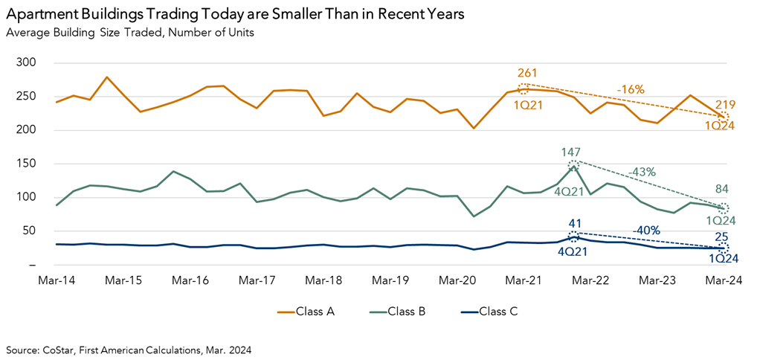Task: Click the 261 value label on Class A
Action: click(x=526, y=73)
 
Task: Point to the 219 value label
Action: click(x=725, y=105)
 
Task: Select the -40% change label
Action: click(x=646, y=230)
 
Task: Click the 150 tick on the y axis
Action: click(x=25, y=164)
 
